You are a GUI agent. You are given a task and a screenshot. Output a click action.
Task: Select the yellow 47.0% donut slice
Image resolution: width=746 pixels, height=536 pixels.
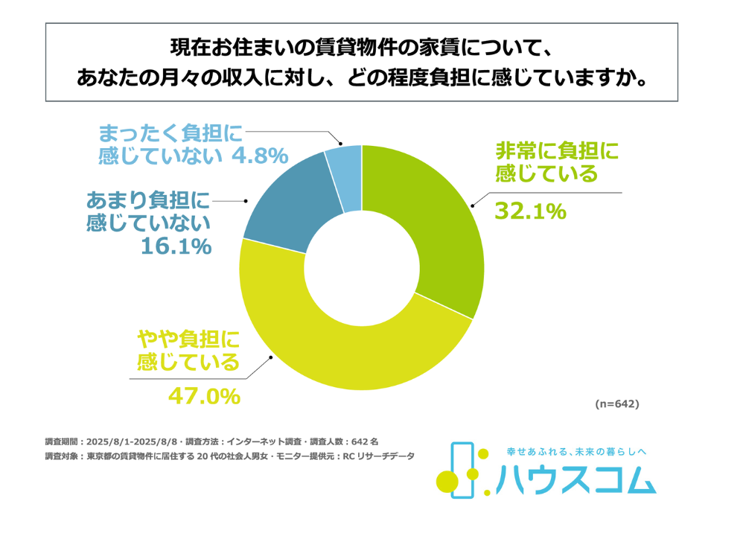[x=350, y=357]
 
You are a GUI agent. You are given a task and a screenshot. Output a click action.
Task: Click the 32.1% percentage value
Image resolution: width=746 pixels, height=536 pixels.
[x=531, y=212]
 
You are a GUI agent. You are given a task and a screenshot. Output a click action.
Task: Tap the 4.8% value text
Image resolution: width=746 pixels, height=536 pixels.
[x=257, y=156]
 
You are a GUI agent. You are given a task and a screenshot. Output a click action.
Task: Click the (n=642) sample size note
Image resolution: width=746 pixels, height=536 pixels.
[x=617, y=404]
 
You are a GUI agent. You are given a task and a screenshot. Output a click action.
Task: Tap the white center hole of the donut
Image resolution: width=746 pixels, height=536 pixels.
[x=362, y=267]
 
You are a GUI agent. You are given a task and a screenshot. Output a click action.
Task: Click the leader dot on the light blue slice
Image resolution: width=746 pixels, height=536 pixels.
[x=340, y=144]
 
